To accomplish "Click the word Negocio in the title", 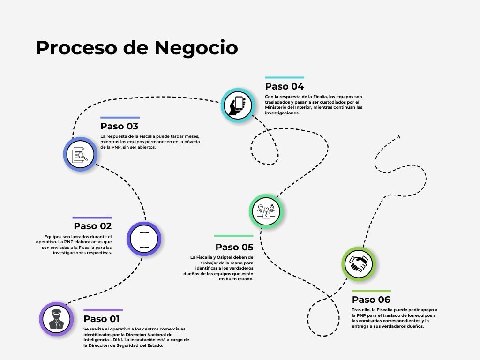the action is (x=196, y=48).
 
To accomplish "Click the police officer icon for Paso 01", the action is (x=56, y=319).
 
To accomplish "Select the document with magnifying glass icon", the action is (x=80, y=154).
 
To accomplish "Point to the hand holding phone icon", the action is (x=237, y=105).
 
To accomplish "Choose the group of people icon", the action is (x=266, y=210).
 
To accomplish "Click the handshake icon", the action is (x=359, y=264).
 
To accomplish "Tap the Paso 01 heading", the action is (x=101, y=319).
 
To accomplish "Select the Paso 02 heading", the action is (x=93, y=226).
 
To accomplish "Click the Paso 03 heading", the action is (x=120, y=126).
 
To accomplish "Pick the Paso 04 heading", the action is (x=285, y=86).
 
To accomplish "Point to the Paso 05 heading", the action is (x=234, y=247).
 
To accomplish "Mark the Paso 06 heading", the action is (x=371, y=300).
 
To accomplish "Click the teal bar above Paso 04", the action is (x=285, y=78).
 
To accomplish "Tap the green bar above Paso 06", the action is (x=371, y=291).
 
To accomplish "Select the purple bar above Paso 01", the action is (x=103, y=310).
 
